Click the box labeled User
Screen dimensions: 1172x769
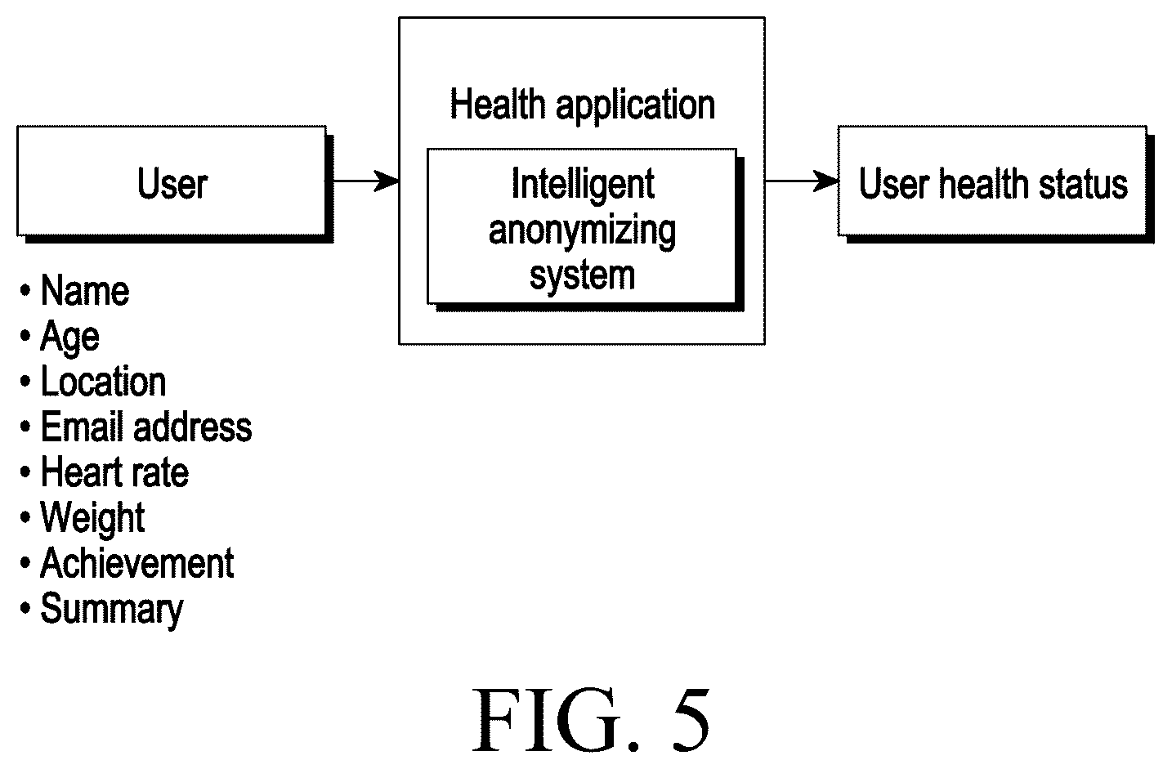[175, 184]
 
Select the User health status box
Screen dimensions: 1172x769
[995, 184]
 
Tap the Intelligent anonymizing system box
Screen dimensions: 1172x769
[585, 230]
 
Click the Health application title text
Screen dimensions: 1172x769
[583, 105]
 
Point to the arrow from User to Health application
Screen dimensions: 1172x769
[365, 181]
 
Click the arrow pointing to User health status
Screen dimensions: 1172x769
[802, 181]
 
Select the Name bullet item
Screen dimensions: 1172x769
[75, 290]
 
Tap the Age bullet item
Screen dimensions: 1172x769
[60, 338]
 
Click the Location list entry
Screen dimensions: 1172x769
[93, 382]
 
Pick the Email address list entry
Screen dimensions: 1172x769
[136, 427]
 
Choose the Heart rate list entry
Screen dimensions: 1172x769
[105, 472]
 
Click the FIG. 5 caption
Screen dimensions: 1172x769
[591, 721]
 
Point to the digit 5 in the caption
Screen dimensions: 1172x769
[691, 721]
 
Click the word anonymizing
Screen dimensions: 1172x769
[583, 232]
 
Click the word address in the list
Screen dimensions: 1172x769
[193, 427]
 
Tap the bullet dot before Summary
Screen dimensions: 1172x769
[25, 608]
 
